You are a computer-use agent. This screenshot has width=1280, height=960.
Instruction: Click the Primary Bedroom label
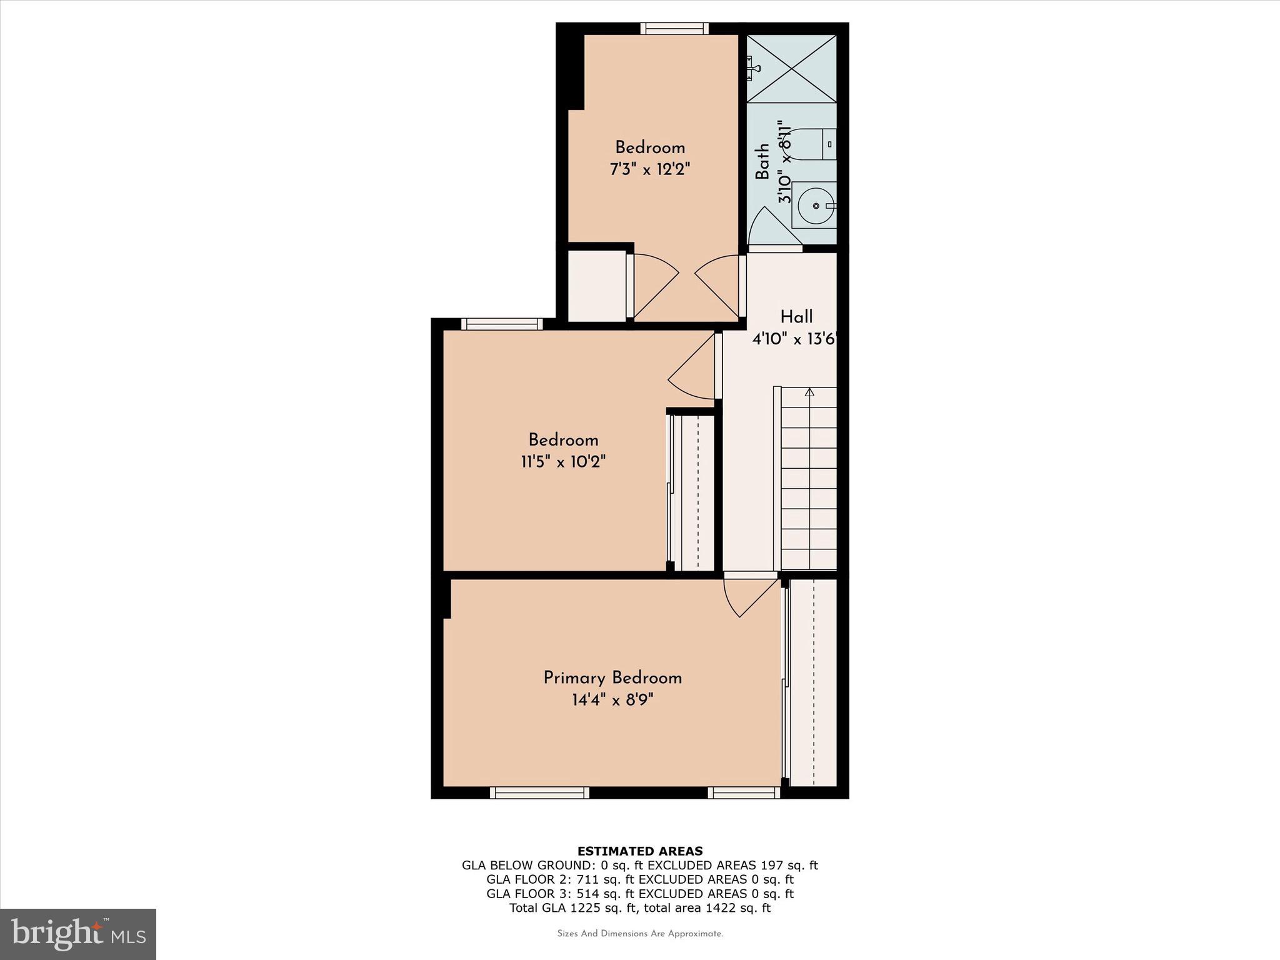(x=612, y=678)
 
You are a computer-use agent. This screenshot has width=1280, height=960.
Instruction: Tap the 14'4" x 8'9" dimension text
(x=612, y=699)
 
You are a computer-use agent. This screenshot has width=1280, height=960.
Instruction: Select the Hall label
(x=796, y=316)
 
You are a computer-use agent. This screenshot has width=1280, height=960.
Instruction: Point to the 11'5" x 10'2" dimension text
(x=564, y=462)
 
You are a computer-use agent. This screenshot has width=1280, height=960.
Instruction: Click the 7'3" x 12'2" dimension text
(x=650, y=169)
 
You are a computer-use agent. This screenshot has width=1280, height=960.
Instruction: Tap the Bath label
(x=762, y=162)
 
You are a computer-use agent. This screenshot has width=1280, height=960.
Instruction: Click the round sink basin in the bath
(x=817, y=205)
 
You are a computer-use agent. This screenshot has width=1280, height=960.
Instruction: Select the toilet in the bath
(x=813, y=144)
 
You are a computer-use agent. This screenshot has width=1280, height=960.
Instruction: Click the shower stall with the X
(x=792, y=69)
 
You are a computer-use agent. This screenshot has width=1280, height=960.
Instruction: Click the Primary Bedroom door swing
(x=751, y=597)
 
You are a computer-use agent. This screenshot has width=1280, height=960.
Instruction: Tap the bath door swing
(x=776, y=226)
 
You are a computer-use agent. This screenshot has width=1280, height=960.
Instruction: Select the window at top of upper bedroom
(x=675, y=29)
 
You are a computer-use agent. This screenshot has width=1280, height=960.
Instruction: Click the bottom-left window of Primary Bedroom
(x=539, y=793)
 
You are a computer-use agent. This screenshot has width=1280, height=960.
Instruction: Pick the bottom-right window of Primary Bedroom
(x=744, y=793)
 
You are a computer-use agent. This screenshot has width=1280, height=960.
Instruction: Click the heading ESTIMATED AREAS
(x=640, y=851)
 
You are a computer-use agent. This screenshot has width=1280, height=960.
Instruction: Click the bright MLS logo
(x=78, y=934)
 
